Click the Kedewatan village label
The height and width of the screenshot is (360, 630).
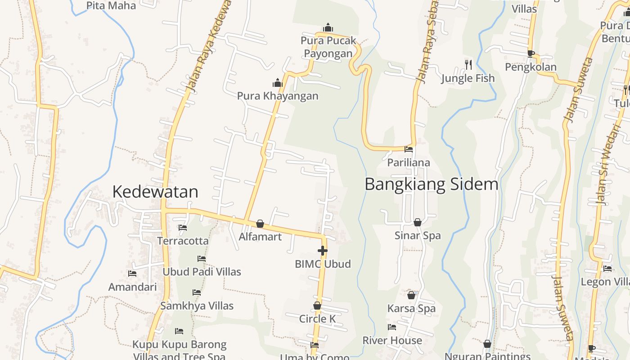pos(155,192)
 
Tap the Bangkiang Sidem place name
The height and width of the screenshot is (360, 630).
pos(431,184)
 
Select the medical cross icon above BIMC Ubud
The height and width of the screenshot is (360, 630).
pos(322,251)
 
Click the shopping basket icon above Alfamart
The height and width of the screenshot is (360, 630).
pos(260,224)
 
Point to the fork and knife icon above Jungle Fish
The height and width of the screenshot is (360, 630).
pos(468,65)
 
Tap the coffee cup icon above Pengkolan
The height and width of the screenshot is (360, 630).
pos(531,54)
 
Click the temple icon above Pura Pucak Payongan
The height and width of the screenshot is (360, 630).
pos(328,27)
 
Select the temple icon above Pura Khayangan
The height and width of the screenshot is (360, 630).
pos(278,83)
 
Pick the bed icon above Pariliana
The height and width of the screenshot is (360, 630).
pos(409,149)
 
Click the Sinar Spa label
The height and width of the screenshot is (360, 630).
pos(418,236)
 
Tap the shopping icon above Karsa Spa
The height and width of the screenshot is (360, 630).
pos(411,295)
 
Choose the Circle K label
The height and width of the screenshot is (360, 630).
pos(317,319)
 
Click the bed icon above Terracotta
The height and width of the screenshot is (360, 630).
pos(183,228)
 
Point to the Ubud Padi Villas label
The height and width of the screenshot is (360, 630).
pos(202,272)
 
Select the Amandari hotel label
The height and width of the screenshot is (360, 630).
pos(133,287)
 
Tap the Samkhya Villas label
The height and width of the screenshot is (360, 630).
pos(197,306)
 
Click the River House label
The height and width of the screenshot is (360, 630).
pos(392,341)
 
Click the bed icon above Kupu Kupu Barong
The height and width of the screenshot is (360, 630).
pos(179,331)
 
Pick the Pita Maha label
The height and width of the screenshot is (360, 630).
pos(111,6)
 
